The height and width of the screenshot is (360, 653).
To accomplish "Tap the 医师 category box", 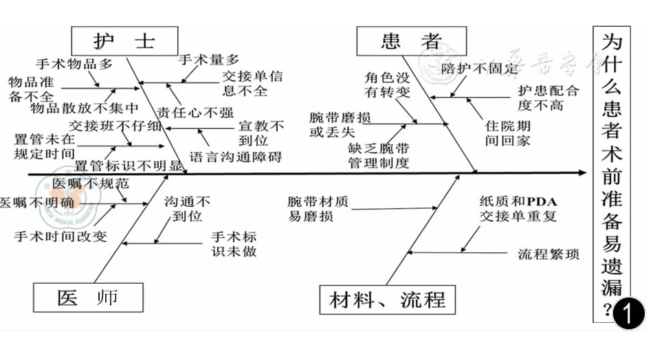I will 87,297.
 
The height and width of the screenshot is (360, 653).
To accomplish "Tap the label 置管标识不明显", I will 129,165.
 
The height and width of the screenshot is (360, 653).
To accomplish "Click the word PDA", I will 542,201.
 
